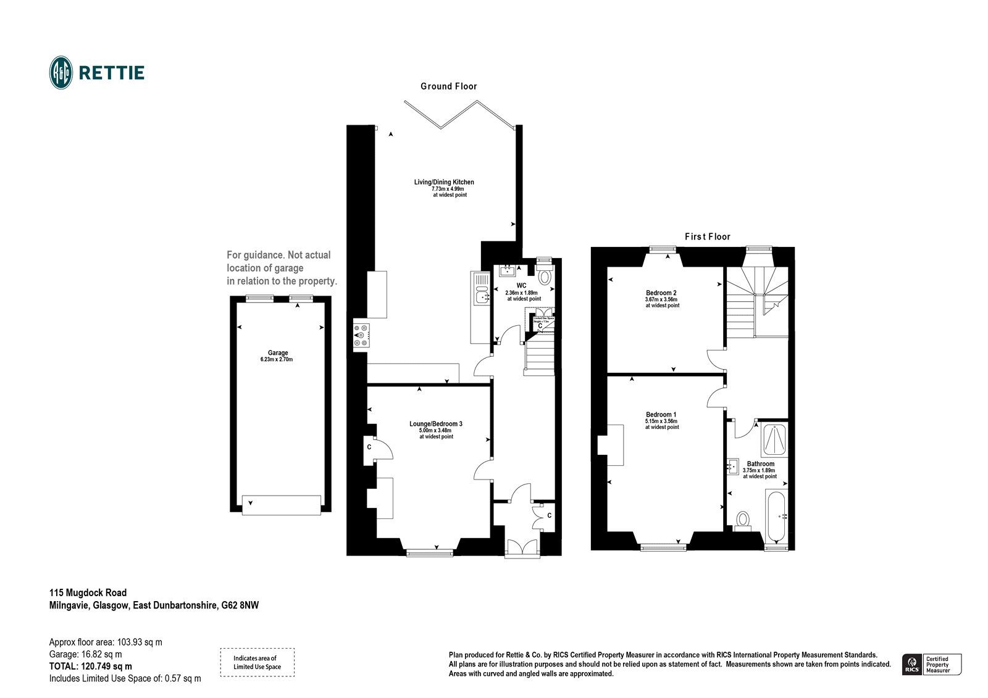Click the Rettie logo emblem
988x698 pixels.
point(61,73)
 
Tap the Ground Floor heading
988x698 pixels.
point(448,86)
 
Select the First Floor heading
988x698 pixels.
point(707,236)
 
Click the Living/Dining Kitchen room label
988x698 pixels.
point(444,182)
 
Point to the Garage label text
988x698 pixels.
point(278,352)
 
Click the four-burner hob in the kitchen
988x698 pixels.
point(361,335)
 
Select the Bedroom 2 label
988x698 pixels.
point(661,293)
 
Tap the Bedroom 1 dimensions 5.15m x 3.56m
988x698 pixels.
point(661,422)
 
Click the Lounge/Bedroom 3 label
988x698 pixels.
point(436,424)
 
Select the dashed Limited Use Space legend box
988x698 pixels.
point(257,662)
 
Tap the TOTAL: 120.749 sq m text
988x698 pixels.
point(90,667)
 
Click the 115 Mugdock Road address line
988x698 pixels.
point(88,593)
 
